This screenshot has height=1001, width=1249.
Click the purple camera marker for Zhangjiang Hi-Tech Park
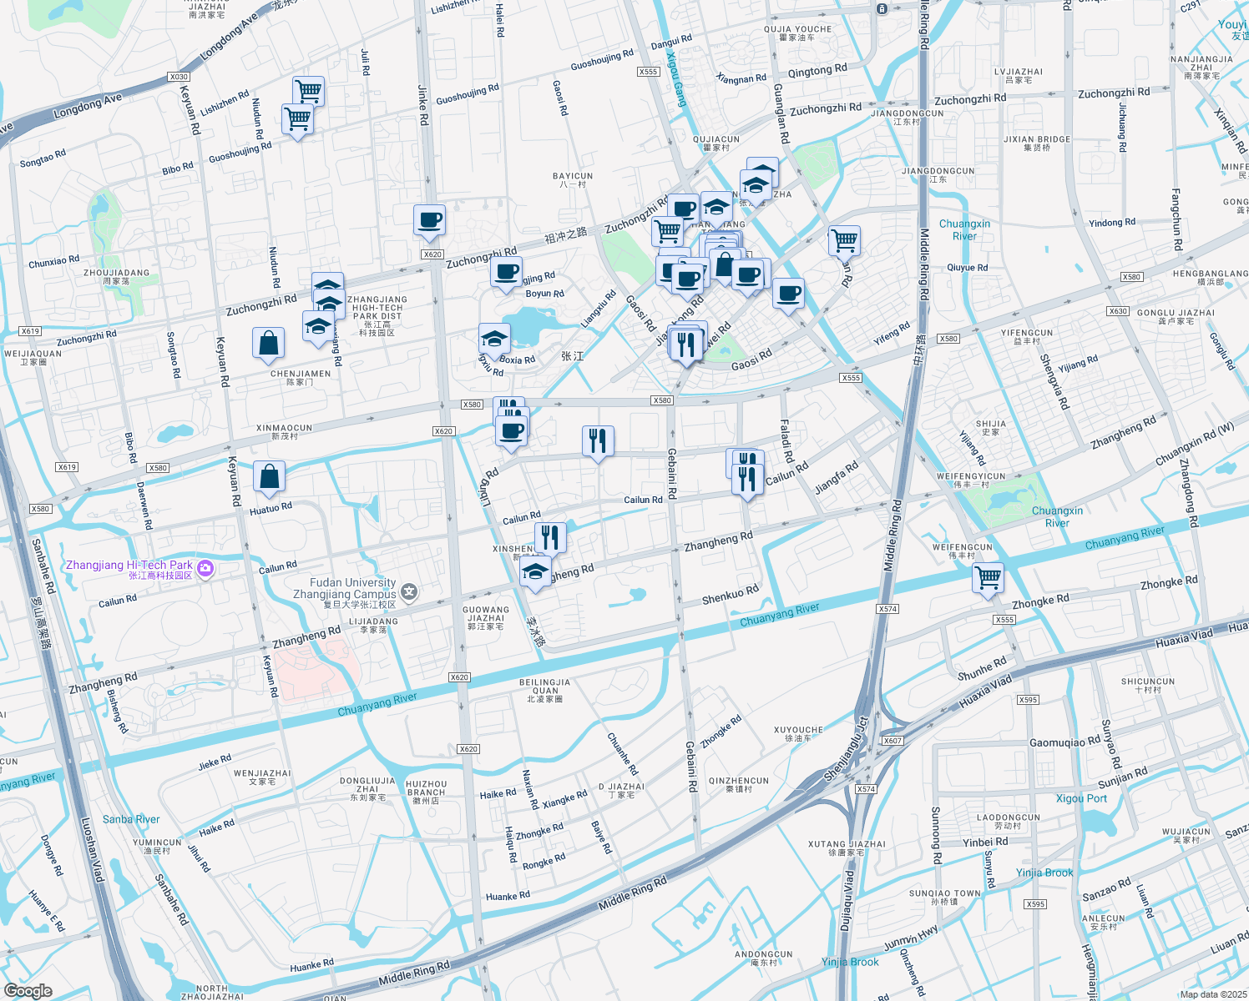point(205,568)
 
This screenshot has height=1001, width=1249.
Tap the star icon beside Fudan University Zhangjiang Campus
point(409,592)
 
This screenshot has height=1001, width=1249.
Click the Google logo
point(28,990)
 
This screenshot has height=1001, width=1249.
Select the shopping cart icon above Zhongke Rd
point(989,577)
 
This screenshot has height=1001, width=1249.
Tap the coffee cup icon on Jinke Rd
point(429,221)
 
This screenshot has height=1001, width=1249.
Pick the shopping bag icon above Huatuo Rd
point(269,478)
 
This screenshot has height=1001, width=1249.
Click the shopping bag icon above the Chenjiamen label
point(268,343)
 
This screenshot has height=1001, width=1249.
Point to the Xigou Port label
point(1081,798)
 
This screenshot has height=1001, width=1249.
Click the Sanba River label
point(131,819)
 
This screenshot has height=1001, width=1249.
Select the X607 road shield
point(893,741)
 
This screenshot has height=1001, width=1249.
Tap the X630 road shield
point(1118,311)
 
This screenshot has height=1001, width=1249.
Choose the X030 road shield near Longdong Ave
point(179,77)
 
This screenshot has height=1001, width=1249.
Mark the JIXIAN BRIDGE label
point(1037,143)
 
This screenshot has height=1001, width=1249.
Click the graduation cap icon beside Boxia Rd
point(494,340)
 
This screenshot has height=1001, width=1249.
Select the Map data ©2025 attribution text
point(1213,994)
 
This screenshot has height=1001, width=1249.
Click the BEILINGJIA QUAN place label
point(545,691)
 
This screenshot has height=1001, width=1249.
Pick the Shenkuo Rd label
point(731,595)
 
